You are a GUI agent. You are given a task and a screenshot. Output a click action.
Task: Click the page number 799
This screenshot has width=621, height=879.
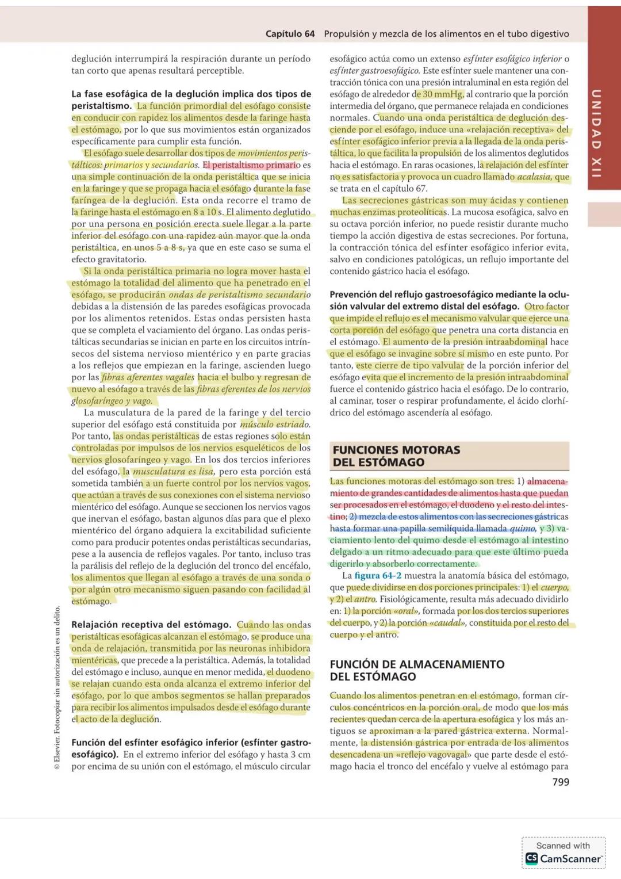pos(560,782)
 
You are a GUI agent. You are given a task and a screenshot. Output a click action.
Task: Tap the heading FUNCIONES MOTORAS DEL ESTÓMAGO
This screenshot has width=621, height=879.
pos(397,456)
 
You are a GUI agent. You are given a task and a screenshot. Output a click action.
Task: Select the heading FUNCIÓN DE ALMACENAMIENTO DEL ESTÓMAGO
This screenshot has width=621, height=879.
pos(417,670)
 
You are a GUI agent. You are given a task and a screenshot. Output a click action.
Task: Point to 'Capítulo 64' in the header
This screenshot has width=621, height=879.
pos(290,34)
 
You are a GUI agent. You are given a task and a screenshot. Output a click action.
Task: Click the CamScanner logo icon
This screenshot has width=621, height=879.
pos(531,858)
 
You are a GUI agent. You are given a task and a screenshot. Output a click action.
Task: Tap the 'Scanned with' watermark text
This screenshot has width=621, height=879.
pos(563,845)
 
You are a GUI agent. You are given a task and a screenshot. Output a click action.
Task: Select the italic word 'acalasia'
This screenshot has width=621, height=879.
pos(534,177)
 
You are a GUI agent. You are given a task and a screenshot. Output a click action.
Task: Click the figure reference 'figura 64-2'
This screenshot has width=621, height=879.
pos(378,575)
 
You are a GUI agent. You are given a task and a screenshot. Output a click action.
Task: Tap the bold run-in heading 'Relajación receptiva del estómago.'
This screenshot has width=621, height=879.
pos(151,625)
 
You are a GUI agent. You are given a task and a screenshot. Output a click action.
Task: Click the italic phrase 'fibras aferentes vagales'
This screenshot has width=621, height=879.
pos(148,377)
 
